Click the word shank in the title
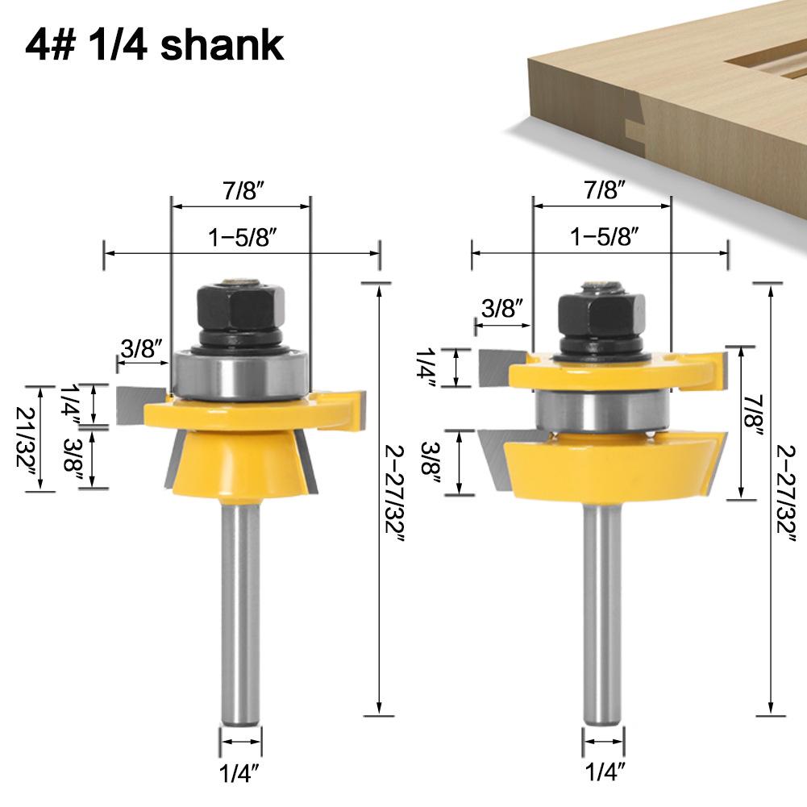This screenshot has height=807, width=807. tap(222, 44)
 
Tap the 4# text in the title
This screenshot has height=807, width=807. tap(49, 45)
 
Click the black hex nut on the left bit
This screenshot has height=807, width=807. tap(241, 308)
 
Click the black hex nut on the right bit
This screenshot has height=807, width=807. tap(601, 315)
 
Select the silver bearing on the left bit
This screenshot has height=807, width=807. tap(240, 373)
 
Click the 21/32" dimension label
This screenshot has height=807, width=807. tap(27, 438)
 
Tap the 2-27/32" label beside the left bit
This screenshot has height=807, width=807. tap(395, 493)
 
